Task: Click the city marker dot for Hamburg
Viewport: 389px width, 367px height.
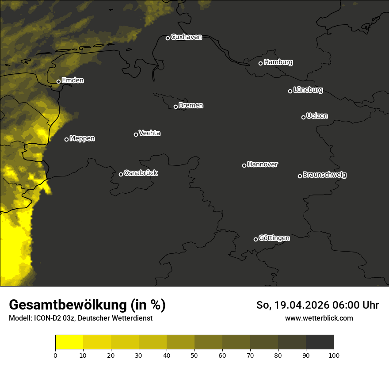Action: pos(260,63)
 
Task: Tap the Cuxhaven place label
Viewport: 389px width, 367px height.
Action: pos(186,37)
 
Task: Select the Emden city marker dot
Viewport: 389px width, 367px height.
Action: pos(58,81)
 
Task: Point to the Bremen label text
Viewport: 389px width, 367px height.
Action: pos(191,106)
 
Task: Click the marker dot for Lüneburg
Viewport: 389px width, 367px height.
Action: pos(290,91)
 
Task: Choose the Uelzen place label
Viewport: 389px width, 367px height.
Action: pos(317,116)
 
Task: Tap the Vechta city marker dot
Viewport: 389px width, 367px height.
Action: pos(136,134)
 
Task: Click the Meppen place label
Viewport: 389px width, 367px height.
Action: pos(82,138)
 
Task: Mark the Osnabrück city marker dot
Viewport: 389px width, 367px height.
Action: pos(121,174)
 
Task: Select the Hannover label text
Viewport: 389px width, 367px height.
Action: pos(263,164)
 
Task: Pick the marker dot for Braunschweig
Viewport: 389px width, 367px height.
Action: pos(300,176)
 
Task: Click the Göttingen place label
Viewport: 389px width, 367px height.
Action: pos(274,238)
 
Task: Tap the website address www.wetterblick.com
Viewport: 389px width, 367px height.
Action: pos(319,318)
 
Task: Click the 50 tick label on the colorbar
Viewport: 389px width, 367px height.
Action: pos(194,355)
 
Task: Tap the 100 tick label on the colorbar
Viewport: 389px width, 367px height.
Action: pos(334,355)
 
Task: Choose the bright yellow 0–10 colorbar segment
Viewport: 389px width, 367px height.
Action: pos(69,342)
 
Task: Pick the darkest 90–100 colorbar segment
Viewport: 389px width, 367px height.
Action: pos(320,342)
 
